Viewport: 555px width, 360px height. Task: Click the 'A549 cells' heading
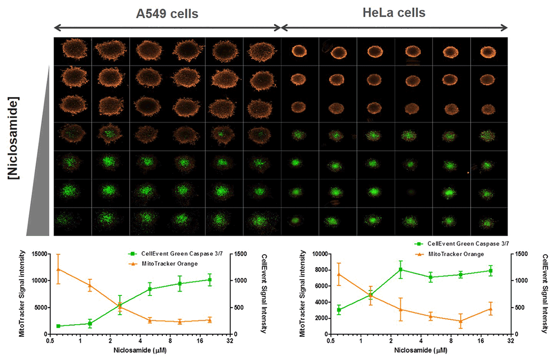point(167,14)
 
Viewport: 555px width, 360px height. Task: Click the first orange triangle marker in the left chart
point(59,269)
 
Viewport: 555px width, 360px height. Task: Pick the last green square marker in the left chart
point(210,280)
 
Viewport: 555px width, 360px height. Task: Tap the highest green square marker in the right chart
point(401,270)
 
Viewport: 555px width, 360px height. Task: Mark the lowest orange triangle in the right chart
point(460,321)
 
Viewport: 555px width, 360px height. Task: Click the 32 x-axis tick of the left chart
point(230,341)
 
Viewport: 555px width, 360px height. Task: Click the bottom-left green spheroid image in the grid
point(73,220)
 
